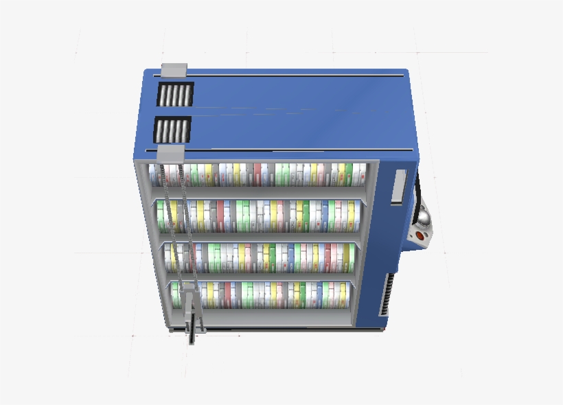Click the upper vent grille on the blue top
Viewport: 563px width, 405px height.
(175, 95)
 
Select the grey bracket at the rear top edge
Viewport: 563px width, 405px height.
(174, 70)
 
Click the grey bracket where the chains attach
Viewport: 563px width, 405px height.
(171, 153)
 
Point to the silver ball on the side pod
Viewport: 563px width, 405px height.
(425, 219)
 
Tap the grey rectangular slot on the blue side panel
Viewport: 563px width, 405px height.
(398, 187)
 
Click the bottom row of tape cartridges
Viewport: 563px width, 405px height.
(268, 294)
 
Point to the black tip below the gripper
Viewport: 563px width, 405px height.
(192, 338)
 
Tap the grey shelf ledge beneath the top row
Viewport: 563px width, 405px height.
(261, 192)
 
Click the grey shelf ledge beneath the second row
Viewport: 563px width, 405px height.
(261, 236)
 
